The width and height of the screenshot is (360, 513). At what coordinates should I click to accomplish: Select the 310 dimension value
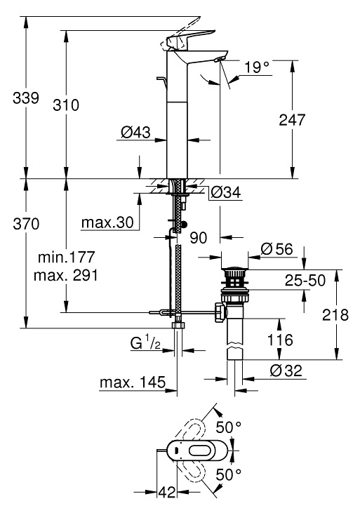click(x=65, y=105)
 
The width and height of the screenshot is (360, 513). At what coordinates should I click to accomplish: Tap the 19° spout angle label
click(x=257, y=68)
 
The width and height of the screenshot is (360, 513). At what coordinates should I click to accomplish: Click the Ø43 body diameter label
click(x=134, y=131)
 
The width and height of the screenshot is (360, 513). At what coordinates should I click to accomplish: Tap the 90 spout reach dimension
click(x=199, y=239)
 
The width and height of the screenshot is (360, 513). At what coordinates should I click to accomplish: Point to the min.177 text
click(x=65, y=257)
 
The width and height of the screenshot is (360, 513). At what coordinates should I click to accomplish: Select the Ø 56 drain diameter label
click(x=277, y=249)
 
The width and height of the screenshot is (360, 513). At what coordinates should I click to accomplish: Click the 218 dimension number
click(x=336, y=315)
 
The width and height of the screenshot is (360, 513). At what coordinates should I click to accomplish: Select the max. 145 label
click(x=132, y=382)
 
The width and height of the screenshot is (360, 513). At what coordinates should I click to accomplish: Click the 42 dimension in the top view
click(x=166, y=493)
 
